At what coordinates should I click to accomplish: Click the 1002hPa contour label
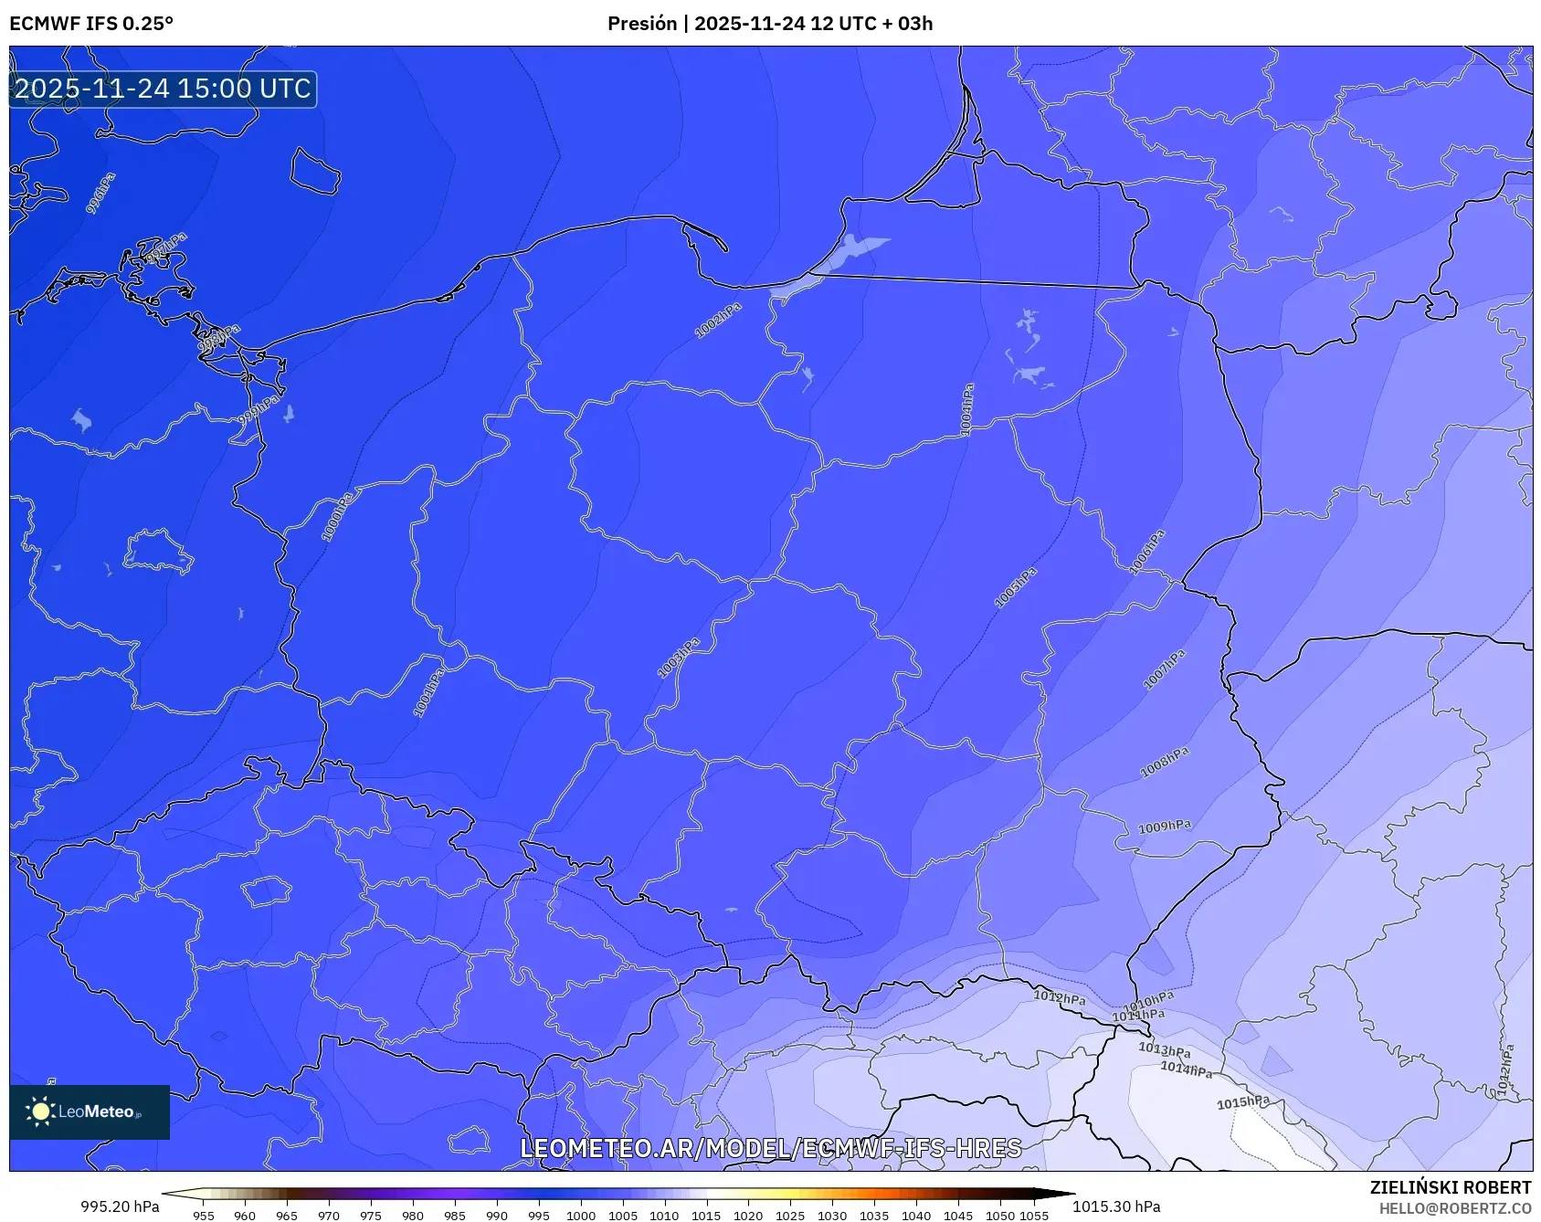coord(718,321)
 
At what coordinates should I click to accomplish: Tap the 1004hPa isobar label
coord(966,409)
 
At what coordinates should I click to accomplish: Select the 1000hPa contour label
coord(337,517)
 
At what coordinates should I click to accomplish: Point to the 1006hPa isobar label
coord(1147,553)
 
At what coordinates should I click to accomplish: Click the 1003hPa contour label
coord(679,658)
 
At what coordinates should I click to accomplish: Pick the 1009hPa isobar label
coord(1165,827)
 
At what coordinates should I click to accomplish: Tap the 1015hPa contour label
coord(1242,1102)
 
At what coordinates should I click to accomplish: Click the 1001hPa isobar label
coord(428,692)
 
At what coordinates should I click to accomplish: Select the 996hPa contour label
coord(100,194)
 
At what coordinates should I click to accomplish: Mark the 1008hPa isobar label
coord(1165,763)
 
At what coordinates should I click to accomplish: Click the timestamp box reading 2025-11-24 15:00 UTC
coord(163,89)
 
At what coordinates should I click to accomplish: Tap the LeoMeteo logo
coord(90,1111)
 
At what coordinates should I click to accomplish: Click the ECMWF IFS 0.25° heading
coord(91,24)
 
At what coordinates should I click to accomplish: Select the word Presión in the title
coord(642,24)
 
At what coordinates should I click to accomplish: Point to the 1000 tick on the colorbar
coord(581,1216)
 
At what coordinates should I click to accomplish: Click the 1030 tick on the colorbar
coord(831,1216)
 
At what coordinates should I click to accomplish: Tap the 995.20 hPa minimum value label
coord(120,1206)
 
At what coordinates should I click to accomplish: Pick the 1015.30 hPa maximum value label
coord(1116,1206)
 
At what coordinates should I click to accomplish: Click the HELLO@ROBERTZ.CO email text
coord(1454,1208)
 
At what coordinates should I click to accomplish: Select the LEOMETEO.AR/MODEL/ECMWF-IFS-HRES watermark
coord(770,1148)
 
